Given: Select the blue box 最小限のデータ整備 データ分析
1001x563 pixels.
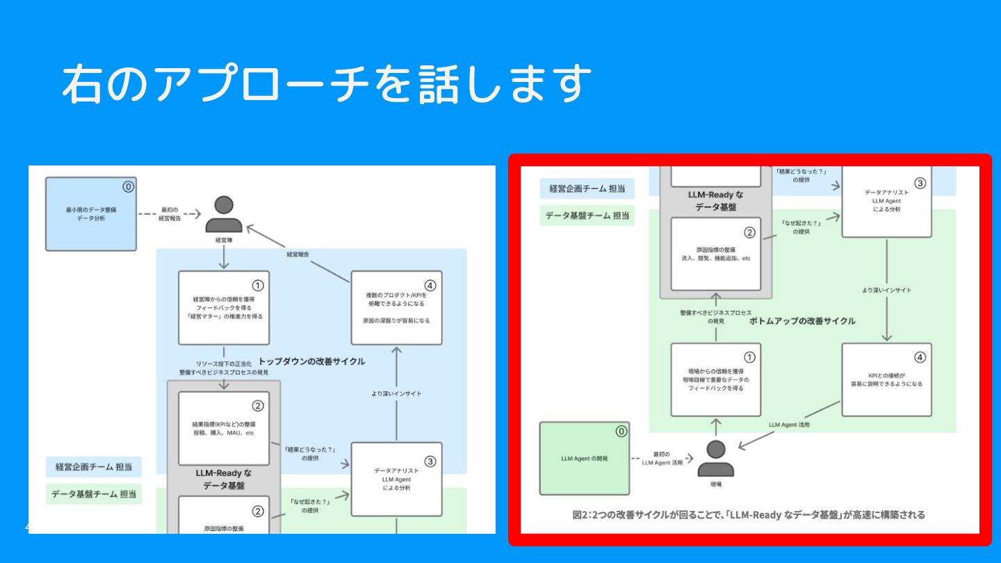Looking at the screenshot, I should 90,213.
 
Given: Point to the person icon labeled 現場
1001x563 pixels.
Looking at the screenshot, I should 715,458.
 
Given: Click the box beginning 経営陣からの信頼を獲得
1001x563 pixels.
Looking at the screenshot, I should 223,307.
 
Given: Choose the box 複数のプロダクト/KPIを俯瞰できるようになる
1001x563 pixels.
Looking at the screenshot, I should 396,307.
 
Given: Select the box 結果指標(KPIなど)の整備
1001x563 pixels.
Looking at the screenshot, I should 223,428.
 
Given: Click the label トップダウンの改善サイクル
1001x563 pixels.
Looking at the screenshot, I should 311,361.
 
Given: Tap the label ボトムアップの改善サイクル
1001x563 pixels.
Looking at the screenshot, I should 802,321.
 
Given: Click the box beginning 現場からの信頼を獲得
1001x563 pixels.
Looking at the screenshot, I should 715,379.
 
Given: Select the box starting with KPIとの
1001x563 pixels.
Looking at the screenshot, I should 886,379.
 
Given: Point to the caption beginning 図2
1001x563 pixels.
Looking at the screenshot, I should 748,515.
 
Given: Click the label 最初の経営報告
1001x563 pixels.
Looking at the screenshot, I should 170,213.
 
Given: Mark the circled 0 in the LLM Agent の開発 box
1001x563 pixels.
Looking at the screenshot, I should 621,431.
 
